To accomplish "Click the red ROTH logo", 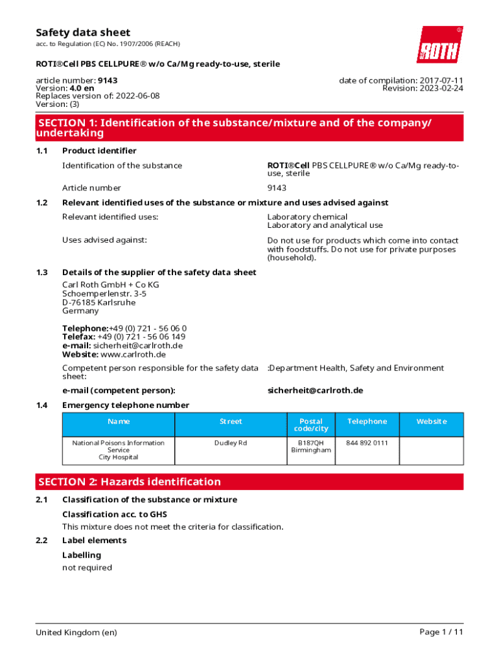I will tap(439, 45).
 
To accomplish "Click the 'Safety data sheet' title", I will tap(83, 32).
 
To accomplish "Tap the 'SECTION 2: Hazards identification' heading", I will tap(130, 482).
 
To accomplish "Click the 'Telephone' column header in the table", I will tap(367, 421).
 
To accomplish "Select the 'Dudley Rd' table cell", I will tap(231, 443).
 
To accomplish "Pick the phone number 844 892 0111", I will tap(367, 443).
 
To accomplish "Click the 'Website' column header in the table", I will tap(431, 421).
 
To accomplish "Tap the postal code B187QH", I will tap(310, 443).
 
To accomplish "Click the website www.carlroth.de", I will tap(133, 354).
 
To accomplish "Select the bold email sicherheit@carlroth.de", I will tap(315, 390).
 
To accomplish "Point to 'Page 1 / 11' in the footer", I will tap(441, 632).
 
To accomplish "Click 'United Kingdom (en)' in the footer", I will tap(76, 632).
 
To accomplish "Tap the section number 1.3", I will tap(42, 273).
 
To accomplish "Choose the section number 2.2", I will tap(42, 541).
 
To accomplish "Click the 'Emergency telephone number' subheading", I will tap(126, 405).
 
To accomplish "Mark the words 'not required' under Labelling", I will tap(87, 568).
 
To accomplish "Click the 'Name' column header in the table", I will tap(119, 421).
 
